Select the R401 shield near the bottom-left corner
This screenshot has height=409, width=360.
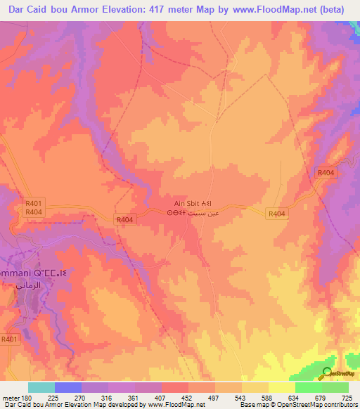9,339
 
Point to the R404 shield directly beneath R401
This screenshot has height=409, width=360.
33,212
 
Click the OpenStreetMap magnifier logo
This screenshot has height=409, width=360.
328,373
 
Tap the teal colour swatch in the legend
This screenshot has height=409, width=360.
41,387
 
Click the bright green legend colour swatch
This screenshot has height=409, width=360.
308,387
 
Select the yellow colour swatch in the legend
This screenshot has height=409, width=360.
281,387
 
